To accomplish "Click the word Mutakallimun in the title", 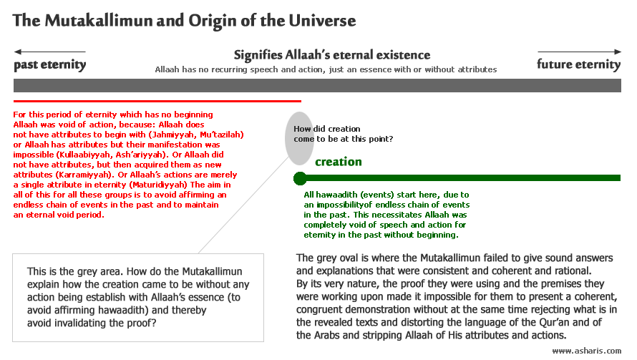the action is point(98,20).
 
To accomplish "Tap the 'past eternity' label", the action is point(50,64).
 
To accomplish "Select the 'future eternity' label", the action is point(578,64).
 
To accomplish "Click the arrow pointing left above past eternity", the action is point(49,52).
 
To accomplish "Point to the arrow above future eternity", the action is point(579,52).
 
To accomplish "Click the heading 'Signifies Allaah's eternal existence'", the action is point(332,55).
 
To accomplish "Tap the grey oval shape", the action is point(299,139).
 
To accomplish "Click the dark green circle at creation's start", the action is point(300,178).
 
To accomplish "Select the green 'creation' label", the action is point(339,162).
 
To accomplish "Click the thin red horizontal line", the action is point(157,101).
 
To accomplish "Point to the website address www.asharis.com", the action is point(587,351).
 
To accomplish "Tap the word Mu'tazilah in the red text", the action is point(222,135).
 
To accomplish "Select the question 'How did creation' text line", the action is point(327,129).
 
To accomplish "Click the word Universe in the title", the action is point(322,20).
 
